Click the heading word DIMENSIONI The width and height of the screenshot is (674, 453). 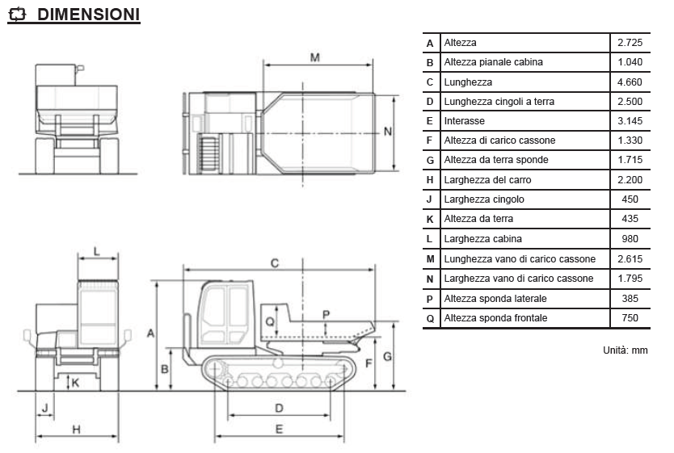(x=88, y=15)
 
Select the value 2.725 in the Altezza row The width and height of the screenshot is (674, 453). (x=630, y=42)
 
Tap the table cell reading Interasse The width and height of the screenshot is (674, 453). (x=465, y=121)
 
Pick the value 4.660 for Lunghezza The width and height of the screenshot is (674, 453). (x=630, y=82)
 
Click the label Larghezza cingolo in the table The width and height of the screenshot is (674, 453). (x=484, y=199)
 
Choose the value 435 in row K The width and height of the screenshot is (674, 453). (x=630, y=219)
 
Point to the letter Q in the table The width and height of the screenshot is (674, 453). (x=430, y=318)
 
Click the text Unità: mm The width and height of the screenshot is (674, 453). (x=625, y=350)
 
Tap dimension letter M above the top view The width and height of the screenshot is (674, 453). (x=315, y=57)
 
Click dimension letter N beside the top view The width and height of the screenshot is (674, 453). (x=388, y=131)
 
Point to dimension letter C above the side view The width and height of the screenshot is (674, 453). (x=275, y=262)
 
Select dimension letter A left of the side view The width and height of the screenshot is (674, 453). (x=150, y=332)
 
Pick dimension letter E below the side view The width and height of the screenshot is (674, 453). (x=280, y=429)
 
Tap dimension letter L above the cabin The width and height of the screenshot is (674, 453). (x=96, y=250)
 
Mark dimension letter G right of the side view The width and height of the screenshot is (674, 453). (x=388, y=356)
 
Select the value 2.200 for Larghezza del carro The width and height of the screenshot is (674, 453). (x=630, y=180)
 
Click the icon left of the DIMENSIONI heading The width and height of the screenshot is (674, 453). (x=18, y=15)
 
